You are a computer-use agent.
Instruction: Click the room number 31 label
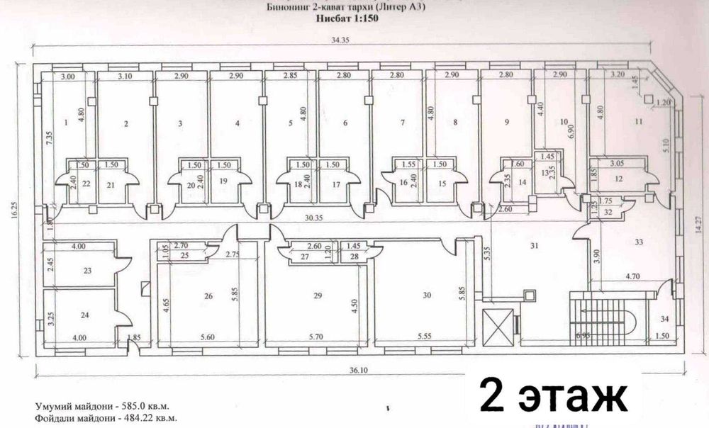click(x=536, y=246)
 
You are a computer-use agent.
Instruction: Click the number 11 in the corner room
click(x=638, y=122)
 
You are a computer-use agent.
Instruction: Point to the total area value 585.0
click(x=129, y=407)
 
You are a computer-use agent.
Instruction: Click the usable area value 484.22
click(x=134, y=418)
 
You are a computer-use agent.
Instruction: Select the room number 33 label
click(x=640, y=242)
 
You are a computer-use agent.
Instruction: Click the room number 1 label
click(x=66, y=123)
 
